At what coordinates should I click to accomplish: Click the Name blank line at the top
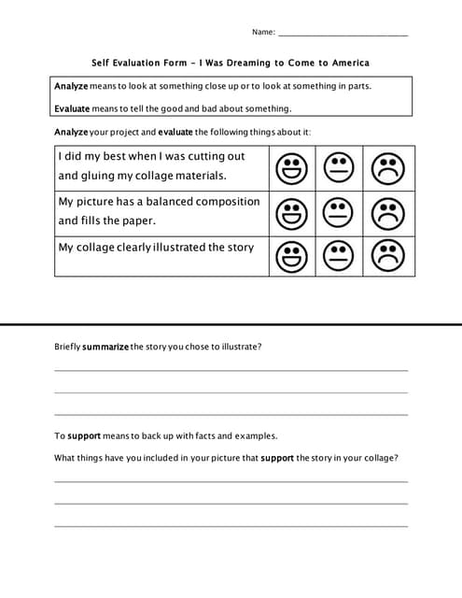point(343,34)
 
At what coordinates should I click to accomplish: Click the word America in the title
point(345,63)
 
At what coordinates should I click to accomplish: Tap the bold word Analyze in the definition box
point(71,86)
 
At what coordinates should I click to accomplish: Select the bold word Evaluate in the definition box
point(72,108)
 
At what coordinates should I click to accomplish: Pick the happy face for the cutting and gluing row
point(292,169)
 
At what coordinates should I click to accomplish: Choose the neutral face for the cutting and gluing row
point(339,169)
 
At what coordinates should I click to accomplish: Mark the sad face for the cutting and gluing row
point(388,169)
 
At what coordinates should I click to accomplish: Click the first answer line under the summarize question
point(231,370)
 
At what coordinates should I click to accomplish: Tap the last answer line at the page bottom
point(231,526)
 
